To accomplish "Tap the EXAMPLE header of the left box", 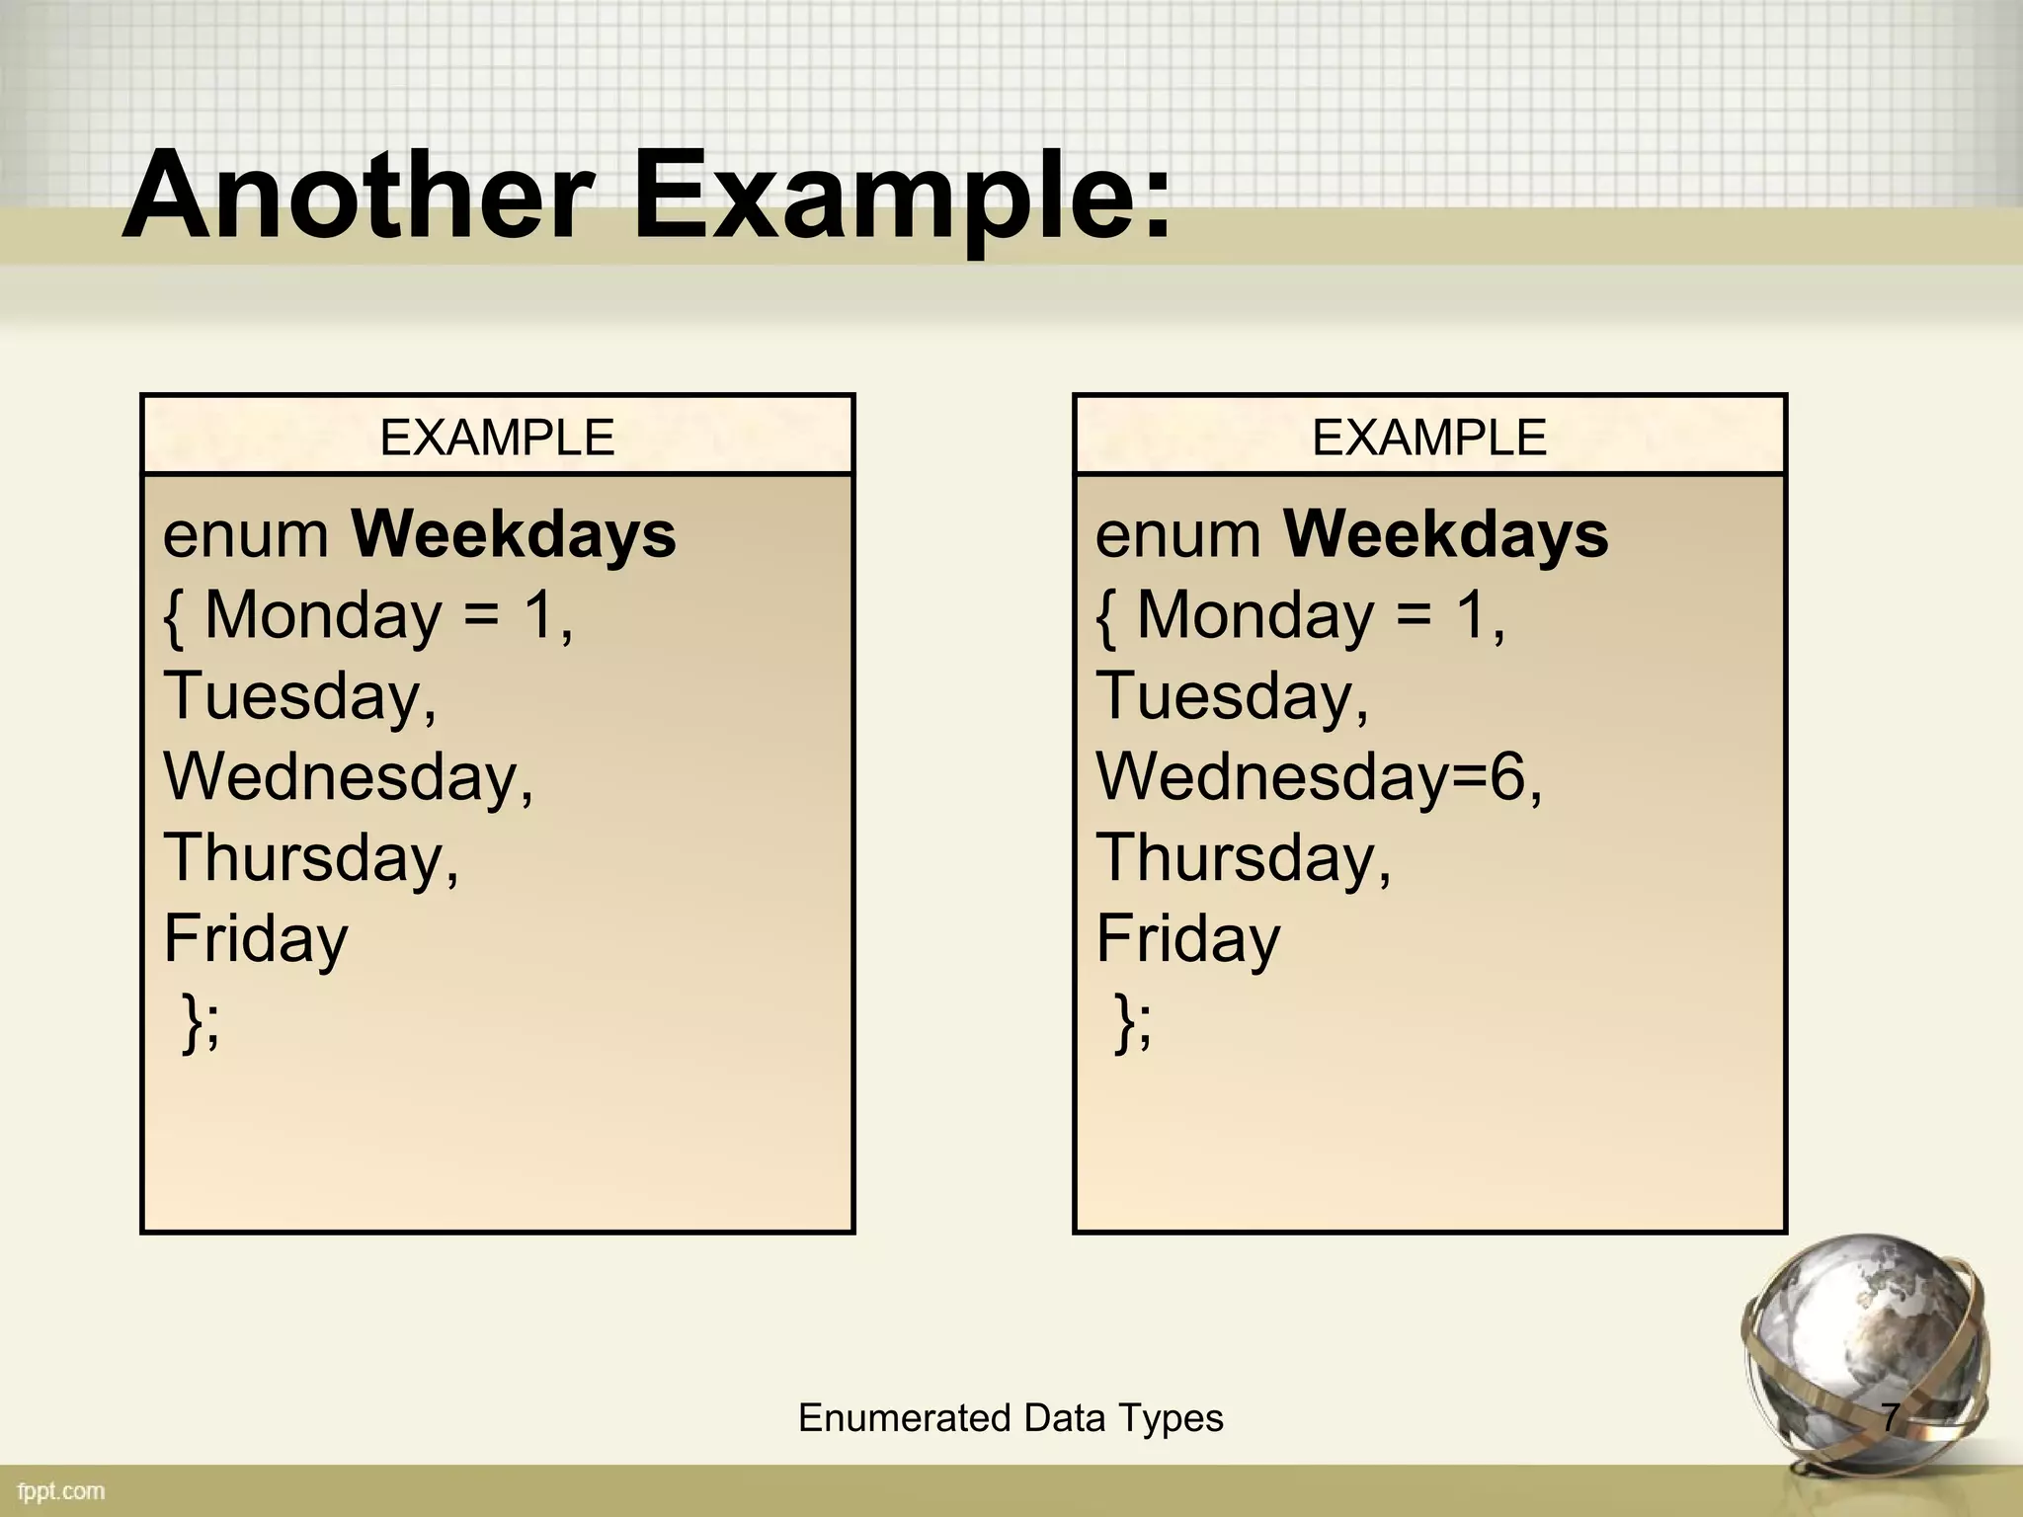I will (497, 438).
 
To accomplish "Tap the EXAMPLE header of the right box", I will (1428, 438).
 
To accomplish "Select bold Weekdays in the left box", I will (514, 534).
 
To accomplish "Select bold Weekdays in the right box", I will (1445, 534).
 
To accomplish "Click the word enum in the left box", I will (246, 535).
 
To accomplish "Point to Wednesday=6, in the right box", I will (1319, 776).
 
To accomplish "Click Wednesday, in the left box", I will (348, 777).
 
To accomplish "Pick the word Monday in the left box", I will (323, 616).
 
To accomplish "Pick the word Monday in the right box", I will (1254, 616).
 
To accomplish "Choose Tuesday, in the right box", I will (1232, 696).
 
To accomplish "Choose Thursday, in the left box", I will (311, 857).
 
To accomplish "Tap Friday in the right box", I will (1187, 938).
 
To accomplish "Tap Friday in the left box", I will (256, 938).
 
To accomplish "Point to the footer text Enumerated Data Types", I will (1011, 1418).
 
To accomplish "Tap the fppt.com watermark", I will (61, 1491).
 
